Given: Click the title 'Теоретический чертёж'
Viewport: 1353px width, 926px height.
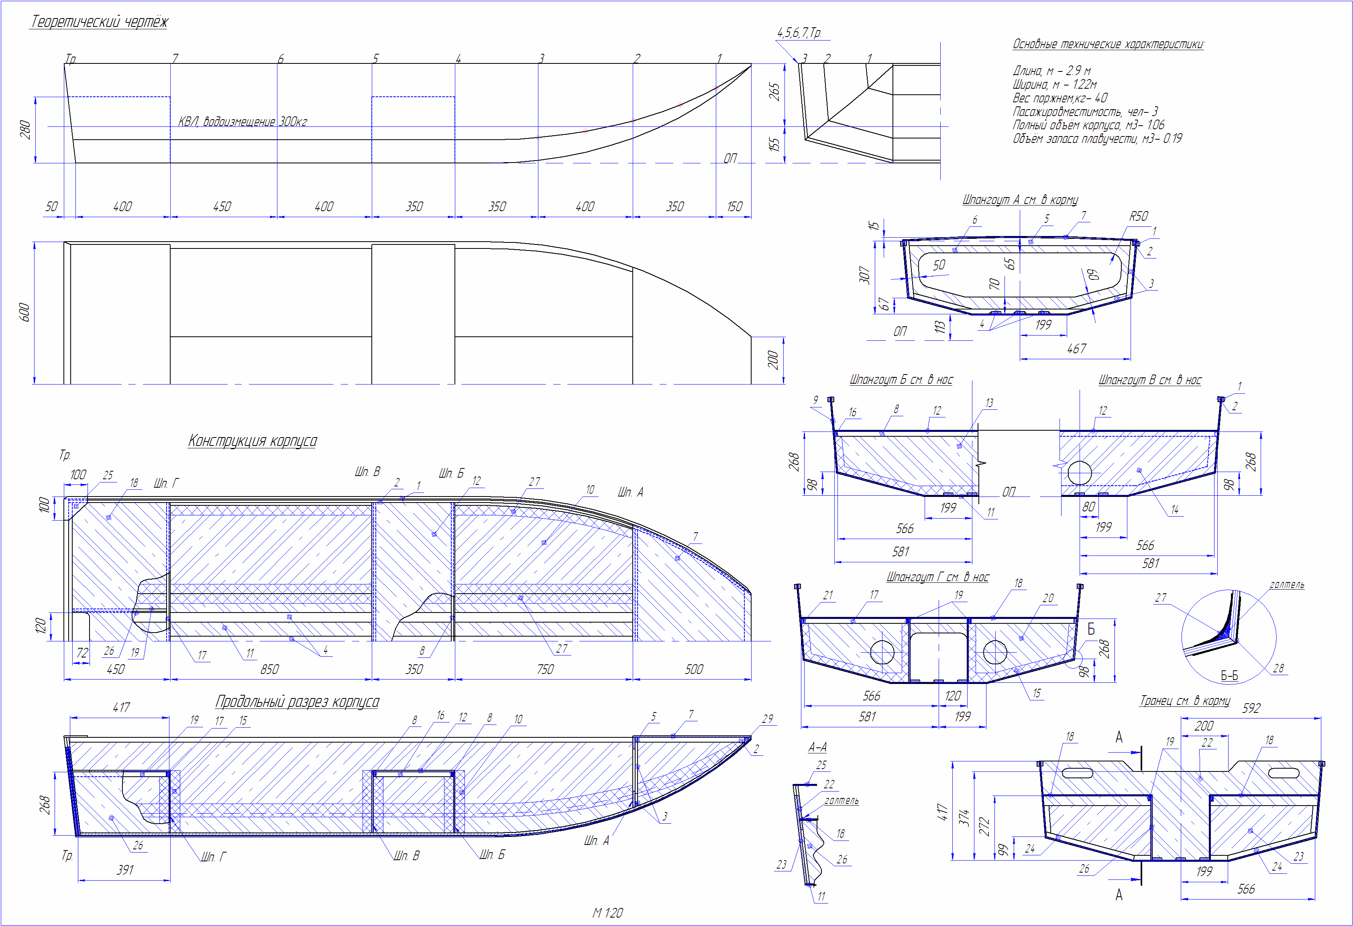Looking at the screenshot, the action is point(99,22).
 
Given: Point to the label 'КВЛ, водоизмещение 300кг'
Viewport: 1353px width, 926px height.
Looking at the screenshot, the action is point(242,122).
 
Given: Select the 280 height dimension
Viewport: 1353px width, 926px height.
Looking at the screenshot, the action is point(25,130).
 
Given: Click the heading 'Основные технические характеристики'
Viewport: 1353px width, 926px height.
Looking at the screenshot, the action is point(1108,44).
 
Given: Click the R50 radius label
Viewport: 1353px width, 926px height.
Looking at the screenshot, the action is point(1139,216).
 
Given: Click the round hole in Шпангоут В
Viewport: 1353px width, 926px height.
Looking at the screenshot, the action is point(1080,472).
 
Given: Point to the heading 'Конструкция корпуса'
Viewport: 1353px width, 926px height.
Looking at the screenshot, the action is point(253,441).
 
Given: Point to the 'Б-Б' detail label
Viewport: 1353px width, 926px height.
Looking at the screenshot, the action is point(1229,676).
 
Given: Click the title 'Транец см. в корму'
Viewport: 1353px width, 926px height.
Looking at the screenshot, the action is point(1185,701).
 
